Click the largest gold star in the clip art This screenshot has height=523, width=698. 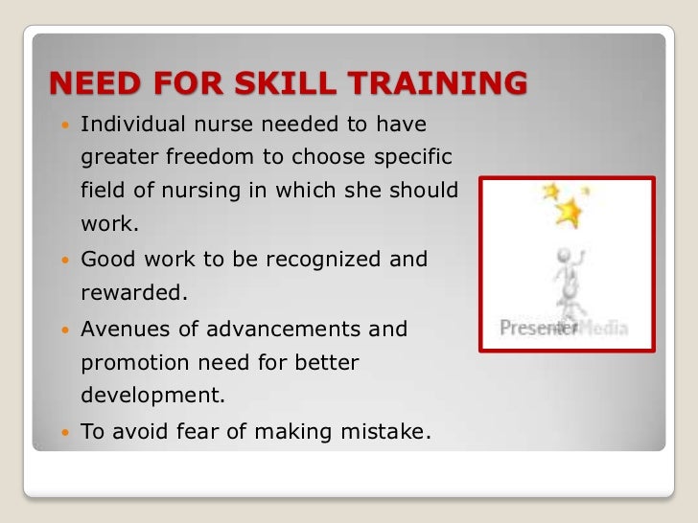tap(570, 212)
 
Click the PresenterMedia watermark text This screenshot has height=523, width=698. tap(564, 329)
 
